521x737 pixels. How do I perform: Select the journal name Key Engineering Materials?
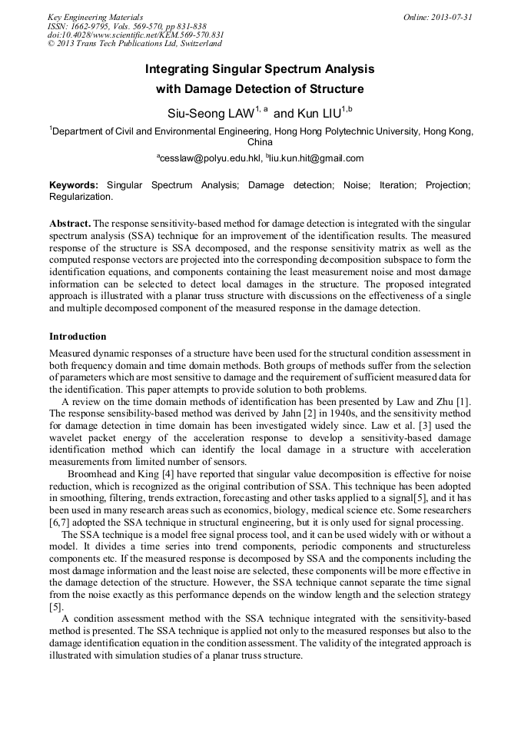95,17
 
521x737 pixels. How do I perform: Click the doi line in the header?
135,35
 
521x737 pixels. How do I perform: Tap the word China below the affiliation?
260,142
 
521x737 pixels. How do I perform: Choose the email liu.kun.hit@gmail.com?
316,158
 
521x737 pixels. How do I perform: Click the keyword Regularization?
81,196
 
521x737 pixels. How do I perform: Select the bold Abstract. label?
70,223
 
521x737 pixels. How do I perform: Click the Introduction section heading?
78,336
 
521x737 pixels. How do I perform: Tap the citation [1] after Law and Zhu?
464,402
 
